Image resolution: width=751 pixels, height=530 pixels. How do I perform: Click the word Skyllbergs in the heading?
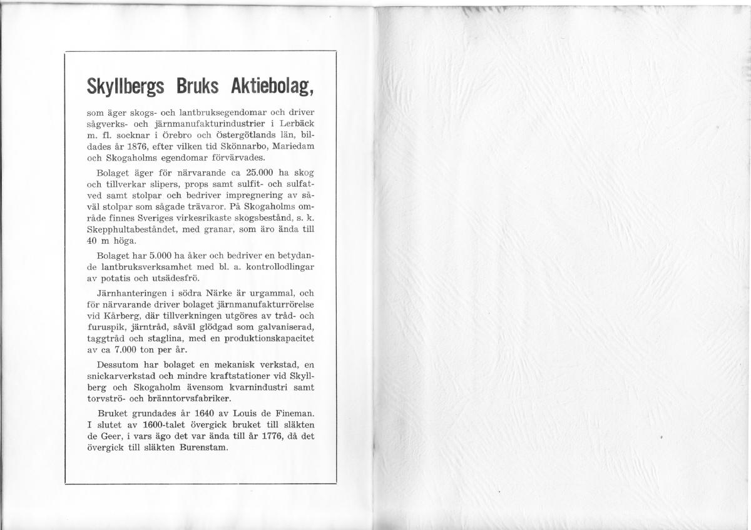(x=125, y=87)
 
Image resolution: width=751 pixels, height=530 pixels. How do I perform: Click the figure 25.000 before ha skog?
(x=239, y=172)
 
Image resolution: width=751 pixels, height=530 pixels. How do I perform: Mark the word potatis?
(x=108, y=277)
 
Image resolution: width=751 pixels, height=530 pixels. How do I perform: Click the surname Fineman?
(x=292, y=413)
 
